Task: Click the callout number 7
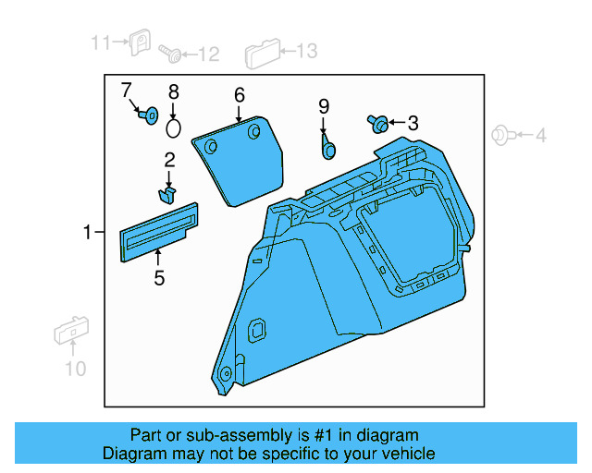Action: tap(126, 91)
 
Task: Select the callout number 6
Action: tap(240, 95)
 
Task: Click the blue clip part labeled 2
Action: tap(167, 194)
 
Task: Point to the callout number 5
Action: tap(159, 278)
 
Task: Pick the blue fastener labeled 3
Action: tap(377, 124)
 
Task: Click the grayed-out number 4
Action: tap(540, 136)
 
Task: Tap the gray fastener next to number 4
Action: tap(503, 135)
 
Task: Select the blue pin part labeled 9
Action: tap(327, 148)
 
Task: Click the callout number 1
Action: tap(87, 232)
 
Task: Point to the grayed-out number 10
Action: tap(76, 369)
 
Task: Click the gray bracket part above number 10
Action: tap(71, 330)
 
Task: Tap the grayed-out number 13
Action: tap(306, 51)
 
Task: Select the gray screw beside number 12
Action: tap(170, 54)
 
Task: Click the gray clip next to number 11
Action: tap(140, 42)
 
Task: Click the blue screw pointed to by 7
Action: tap(148, 115)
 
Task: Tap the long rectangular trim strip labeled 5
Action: tap(159, 233)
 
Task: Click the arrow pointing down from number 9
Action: tap(323, 125)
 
